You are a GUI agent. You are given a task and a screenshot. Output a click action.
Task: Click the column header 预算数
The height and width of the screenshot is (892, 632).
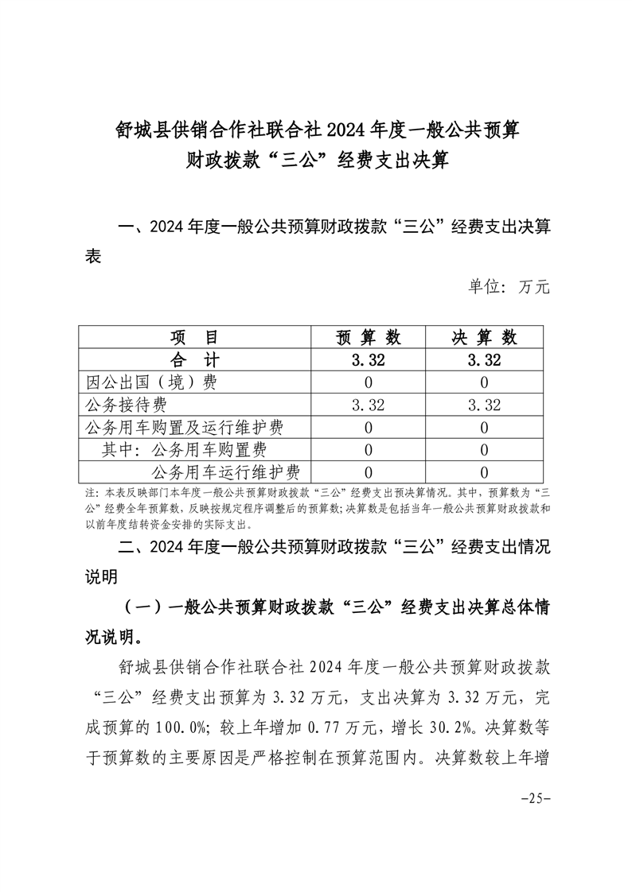pos(369,337)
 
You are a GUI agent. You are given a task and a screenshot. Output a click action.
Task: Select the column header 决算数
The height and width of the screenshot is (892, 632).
pos(484,337)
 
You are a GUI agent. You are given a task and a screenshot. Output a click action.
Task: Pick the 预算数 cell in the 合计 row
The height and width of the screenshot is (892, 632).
pos(369,360)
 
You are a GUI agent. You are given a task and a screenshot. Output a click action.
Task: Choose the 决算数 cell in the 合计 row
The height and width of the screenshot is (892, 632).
pos(484,360)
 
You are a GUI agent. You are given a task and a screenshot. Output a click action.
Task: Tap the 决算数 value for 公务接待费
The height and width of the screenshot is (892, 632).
pos(484,405)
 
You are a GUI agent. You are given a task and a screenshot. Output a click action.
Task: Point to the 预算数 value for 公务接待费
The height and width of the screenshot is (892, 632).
pos(369,405)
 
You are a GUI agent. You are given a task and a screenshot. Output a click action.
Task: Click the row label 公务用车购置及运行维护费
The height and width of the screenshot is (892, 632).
pos(184,428)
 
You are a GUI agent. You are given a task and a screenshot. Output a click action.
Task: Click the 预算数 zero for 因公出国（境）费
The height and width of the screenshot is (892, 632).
pos(369,382)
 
